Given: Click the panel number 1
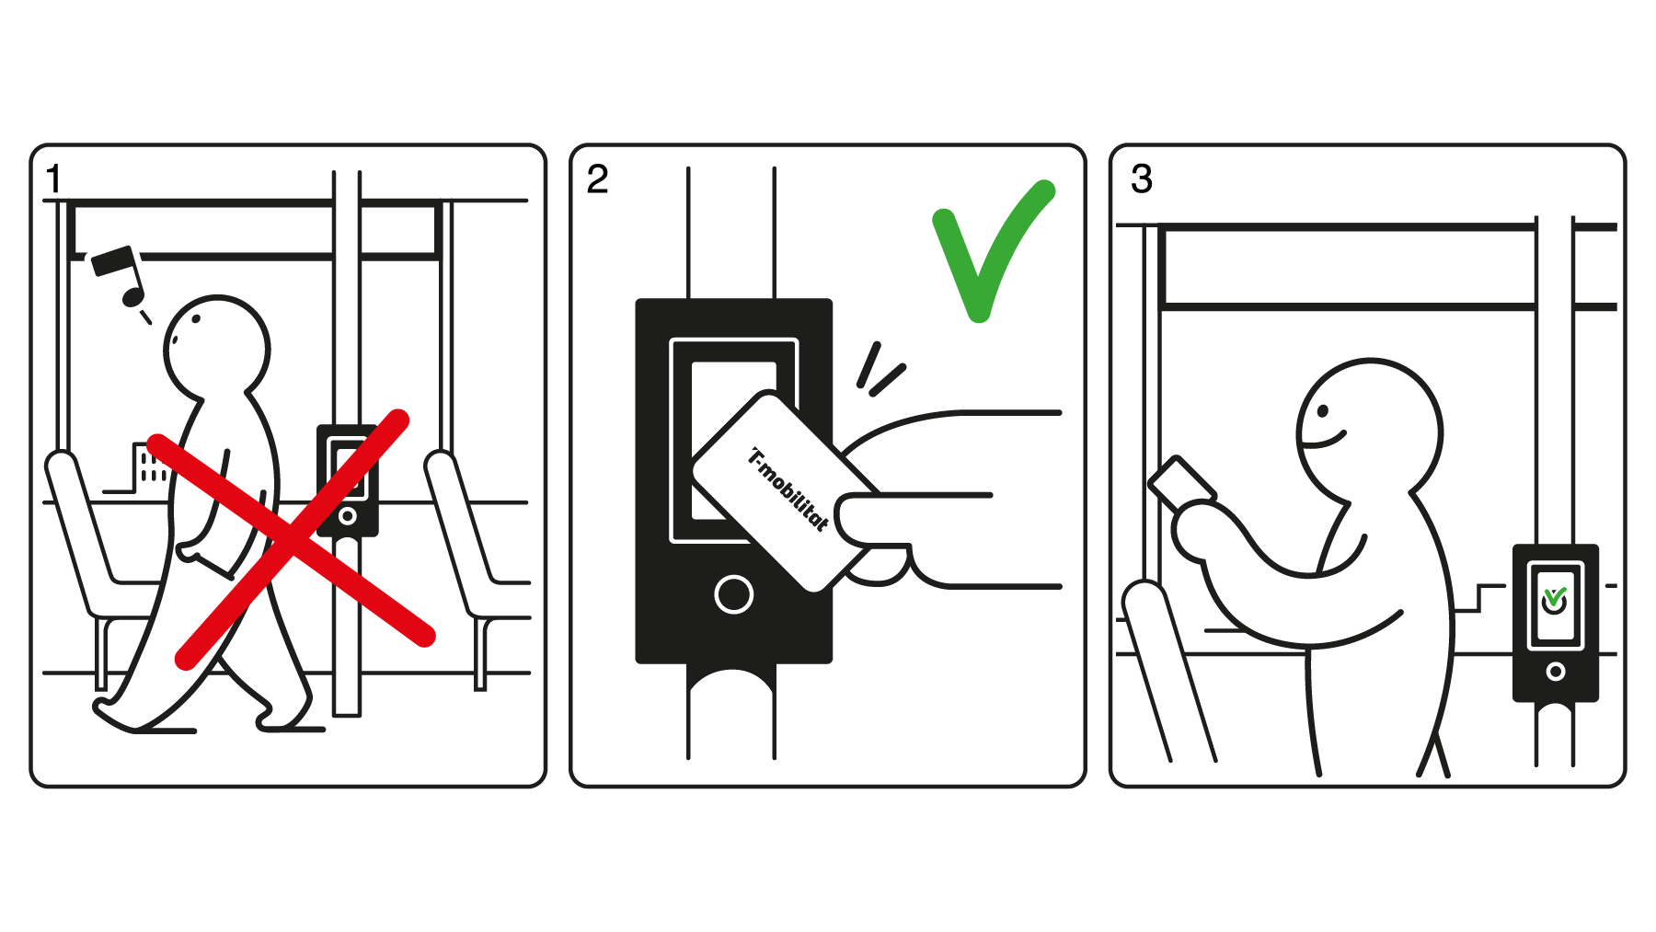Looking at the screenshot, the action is pos(54,178).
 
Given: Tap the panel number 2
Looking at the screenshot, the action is pos(597,178).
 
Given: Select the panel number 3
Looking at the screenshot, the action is pos(1141,178).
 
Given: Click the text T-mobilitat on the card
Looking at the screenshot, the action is pos(788,489).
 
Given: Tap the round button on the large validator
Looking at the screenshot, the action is pos(733,594).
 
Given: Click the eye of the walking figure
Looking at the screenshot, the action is pos(196,319).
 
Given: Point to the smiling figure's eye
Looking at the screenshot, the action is pos(1324,408).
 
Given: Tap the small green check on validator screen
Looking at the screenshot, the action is pos(1555,598).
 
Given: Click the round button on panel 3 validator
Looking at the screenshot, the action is pos(1555,672).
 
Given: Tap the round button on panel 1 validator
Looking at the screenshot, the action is pos(347,516).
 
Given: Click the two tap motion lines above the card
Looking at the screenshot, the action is pos(880,370).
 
